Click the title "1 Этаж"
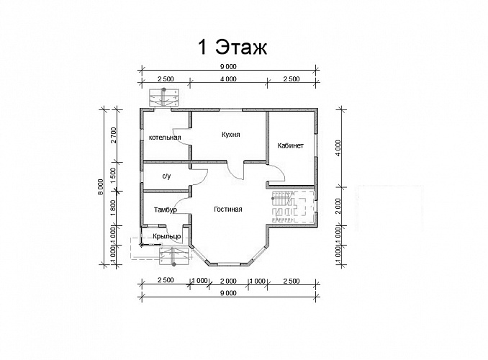(x=232, y=48)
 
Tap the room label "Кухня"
(x=231, y=135)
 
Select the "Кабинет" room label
(x=290, y=145)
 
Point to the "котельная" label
(x=165, y=138)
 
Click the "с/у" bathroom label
(x=166, y=176)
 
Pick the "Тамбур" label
(x=166, y=210)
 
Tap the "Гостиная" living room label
(x=228, y=210)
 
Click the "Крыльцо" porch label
(x=167, y=236)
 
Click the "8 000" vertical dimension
(x=100, y=187)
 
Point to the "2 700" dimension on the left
(x=113, y=135)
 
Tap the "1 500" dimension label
(x=113, y=176)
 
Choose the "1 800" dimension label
(x=113, y=207)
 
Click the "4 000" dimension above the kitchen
(x=228, y=79)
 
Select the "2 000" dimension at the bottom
(x=228, y=282)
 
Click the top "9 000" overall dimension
(x=228, y=66)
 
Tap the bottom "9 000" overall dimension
(x=228, y=293)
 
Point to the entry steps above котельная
(x=165, y=97)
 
